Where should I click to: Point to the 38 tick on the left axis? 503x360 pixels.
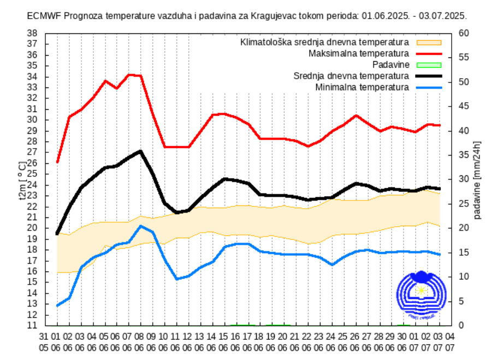pyautogui.click(x=32, y=33)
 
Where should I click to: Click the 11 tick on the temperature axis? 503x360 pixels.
pyautogui.click(x=32, y=326)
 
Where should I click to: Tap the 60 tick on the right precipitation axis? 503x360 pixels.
pyautogui.click(x=464, y=33)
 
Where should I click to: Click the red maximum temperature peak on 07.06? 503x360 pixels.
pyautogui.click(x=129, y=75)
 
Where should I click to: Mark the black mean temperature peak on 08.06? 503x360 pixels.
pyautogui.click(x=141, y=151)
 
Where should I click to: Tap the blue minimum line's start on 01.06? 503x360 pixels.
pyautogui.click(x=57, y=305)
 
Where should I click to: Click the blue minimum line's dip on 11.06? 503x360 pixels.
pyautogui.click(x=177, y=279)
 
